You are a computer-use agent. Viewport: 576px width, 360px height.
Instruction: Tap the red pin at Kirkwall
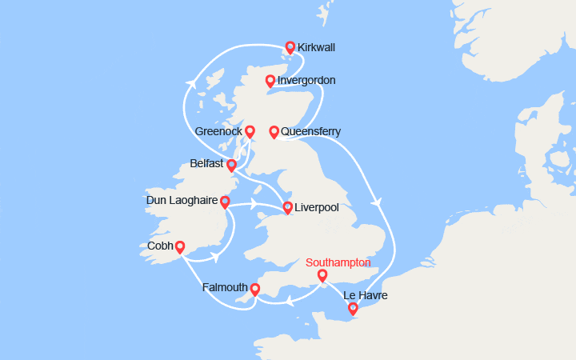[x=290, y=48]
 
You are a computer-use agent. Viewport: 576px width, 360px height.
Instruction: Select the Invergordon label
[x=306, y=81]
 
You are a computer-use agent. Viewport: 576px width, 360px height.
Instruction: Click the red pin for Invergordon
[x=270, y=81]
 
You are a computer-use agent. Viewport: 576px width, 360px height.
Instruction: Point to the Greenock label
[x=218, y=131]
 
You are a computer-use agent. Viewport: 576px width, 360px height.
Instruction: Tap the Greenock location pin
[x=250, y=131]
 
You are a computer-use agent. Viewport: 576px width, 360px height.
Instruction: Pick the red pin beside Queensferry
[x=274, y=131]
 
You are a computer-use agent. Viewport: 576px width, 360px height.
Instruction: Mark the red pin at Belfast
[x=231, y=166]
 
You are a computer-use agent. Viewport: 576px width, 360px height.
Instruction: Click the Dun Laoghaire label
[x=181, y=201]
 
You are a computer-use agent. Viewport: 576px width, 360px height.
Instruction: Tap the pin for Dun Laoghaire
[x=225, y=202]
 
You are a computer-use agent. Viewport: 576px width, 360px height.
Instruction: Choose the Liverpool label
[x=316, y=208]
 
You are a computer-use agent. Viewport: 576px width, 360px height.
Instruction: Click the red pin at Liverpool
[x=287, y=208]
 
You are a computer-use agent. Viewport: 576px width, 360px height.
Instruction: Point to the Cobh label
[x=160, y=246]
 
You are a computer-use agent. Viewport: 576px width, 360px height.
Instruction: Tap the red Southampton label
[x=338, y=262]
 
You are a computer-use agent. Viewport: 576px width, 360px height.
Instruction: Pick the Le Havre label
[x=366, y=295]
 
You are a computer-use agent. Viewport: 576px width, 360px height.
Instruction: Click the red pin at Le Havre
[x=353, y=308]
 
